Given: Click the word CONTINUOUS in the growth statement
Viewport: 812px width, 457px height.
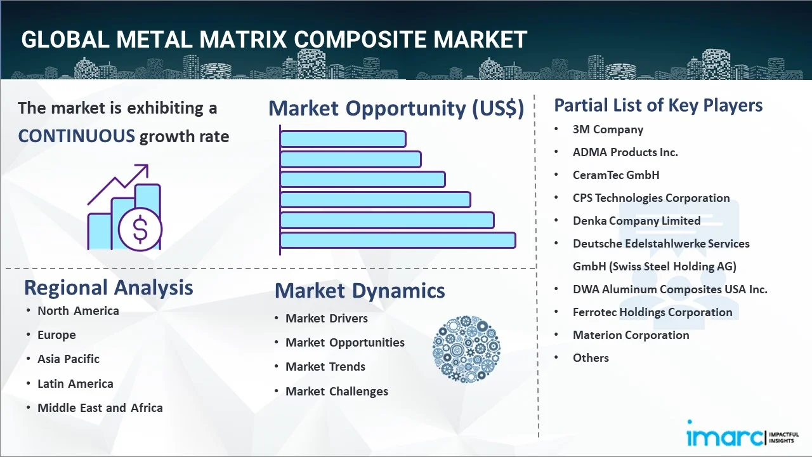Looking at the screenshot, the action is (x=77, y=136).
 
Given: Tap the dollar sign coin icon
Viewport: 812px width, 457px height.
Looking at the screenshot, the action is (x=140, y=230).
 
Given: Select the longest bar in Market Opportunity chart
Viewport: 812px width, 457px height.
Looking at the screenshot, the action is (x=398, y=241).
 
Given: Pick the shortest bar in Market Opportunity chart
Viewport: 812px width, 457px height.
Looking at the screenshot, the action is (x=343, y=139).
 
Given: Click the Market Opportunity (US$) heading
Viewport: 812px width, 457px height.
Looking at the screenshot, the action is (x=396, y=109).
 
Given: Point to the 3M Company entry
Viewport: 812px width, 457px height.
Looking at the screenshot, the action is (x=608, y=129).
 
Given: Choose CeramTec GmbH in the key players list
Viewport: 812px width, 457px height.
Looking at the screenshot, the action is (x=616, y=175).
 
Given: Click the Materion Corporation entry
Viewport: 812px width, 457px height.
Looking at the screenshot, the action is (x=631, y=334).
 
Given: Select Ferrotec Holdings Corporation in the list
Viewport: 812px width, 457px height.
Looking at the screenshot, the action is (x=653, y=312).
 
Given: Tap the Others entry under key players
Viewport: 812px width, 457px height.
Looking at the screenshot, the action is (x=591, y=357).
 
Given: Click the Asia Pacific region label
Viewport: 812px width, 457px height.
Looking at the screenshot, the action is (x=69, y=359).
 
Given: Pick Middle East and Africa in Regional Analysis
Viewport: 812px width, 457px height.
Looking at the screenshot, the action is (x=100, y=407).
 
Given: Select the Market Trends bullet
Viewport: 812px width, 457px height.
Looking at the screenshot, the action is (x=325, y=367).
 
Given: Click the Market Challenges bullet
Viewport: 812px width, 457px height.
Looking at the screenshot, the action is (x=337, y=392).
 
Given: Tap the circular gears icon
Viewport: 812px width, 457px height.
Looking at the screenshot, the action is (x=466, y=349).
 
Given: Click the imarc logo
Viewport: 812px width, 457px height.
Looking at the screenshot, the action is (x=743, y=434).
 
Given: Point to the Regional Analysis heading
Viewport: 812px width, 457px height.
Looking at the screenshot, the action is (x=108, y=288).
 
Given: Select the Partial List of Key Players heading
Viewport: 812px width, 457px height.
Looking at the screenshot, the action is (x=658, y=105).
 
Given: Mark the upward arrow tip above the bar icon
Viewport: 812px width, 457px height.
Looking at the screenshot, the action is (x=148, y=165).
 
